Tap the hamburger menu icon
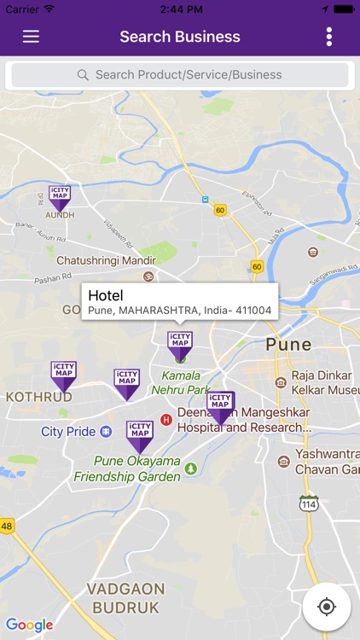(x=31, y=37)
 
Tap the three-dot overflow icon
(x=329, y=37)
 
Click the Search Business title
(x=180, y=37)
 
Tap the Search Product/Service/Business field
(x=180, y=75)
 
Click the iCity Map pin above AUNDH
(x=59, y=196)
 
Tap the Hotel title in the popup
(x=106, y=295)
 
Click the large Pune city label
(x=288, y=345)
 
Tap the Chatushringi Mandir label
(x=106, y=259)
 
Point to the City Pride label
(x=68, y=432)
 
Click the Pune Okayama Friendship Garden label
(x=137, y=468)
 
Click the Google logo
(x=29, y=625)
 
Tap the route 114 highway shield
(x=309, y=503)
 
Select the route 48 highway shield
(x=7, y=526)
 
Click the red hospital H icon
(x=166, y=419)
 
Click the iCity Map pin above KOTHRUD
(x=63, y=374)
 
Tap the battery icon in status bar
(x=343, y=9)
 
